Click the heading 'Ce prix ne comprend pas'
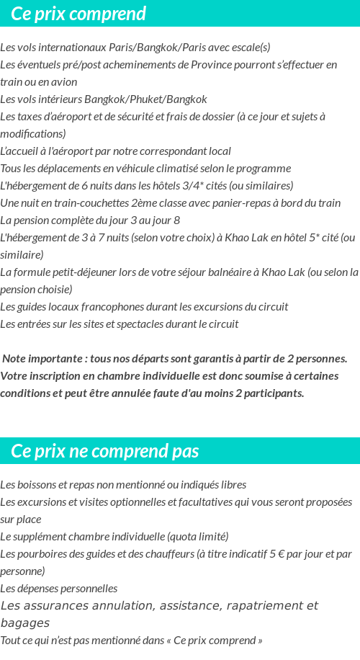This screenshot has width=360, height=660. (105, 451)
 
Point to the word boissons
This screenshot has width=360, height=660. (35, 484)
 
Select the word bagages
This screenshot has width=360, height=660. (24, 623)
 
